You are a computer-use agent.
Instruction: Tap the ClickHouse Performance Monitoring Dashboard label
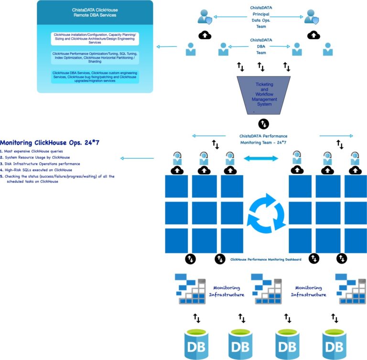pos(266,260)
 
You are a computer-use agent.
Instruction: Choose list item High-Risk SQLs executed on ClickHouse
pos(38,169)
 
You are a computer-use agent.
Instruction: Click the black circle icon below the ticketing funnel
pos(264,124)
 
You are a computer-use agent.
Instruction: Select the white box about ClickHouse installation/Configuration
pos(95,39)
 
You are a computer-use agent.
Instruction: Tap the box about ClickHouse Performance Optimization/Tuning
pos(95,57)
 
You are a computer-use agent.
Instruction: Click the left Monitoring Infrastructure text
pos(227,291)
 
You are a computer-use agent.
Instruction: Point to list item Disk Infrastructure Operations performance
pos(43,163)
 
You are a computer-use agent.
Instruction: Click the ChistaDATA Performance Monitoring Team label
pos(263,139)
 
